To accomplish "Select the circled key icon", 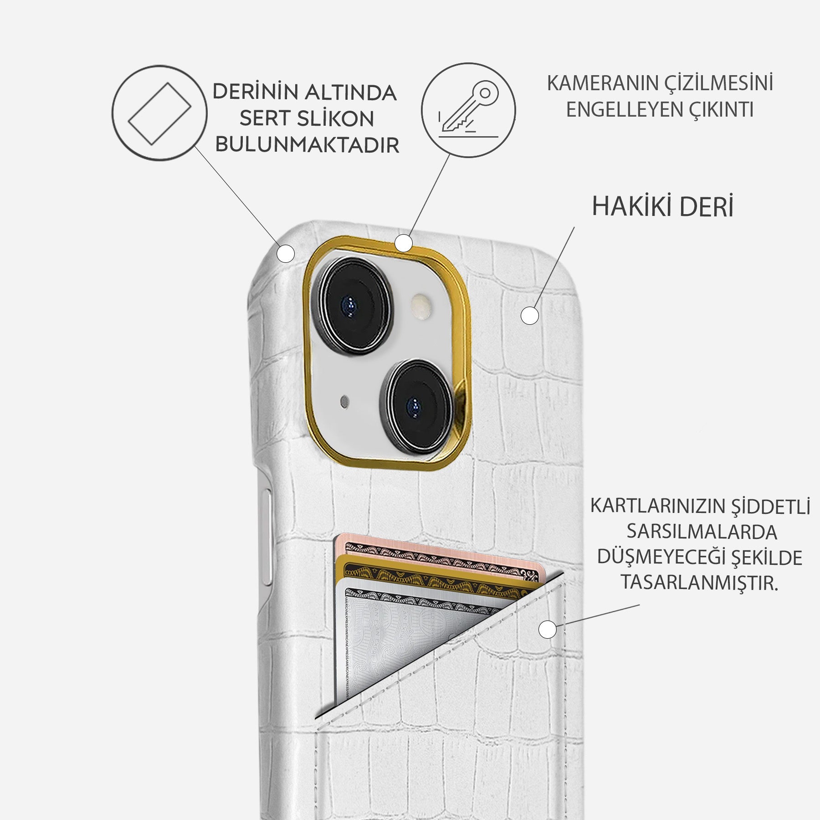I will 468,110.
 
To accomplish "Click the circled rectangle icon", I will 159,113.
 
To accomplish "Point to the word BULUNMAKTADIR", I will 307,145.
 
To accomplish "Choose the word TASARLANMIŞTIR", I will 699,583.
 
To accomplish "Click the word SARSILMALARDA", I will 702,532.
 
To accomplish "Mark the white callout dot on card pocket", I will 547,630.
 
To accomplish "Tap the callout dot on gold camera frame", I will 403,243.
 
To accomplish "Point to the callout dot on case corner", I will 286,254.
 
